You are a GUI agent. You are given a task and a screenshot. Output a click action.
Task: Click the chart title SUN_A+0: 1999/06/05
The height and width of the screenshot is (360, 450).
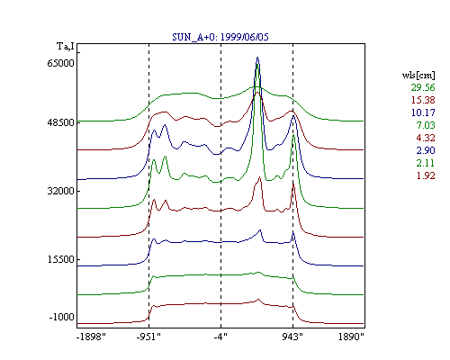[220, 37]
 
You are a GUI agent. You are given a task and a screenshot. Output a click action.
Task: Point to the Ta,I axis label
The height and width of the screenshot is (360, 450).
[66, 47]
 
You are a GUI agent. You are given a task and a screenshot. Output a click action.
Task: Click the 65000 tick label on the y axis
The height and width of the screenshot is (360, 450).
[60, 63]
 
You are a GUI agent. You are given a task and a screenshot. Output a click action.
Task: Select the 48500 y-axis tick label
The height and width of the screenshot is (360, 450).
[60, 122]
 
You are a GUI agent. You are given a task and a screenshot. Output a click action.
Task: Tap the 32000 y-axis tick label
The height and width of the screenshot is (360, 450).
[60, 191]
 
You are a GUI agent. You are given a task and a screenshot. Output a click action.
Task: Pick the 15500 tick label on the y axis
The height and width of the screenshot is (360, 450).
[60, 259]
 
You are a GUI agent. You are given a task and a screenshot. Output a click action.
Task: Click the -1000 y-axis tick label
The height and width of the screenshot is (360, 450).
[61, 317]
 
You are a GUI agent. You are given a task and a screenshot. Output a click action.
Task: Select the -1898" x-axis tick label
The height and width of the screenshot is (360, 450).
[91, 337]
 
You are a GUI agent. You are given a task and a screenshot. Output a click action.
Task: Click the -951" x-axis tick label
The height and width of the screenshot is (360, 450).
[148, 337]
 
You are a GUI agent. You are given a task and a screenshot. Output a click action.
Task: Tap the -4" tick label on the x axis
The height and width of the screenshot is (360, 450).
[220, 337]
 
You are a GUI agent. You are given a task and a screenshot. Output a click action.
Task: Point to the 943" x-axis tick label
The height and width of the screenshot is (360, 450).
[292, 337]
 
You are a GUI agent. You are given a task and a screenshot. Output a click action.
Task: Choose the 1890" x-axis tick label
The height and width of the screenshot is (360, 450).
[351, 337]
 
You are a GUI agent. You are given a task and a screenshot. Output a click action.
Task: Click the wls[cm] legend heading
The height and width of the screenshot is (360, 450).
[418, 76]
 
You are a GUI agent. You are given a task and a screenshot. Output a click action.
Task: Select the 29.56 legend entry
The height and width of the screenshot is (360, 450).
[423, 87]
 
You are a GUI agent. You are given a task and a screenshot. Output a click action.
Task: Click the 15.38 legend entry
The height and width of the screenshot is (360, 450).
[423, 100]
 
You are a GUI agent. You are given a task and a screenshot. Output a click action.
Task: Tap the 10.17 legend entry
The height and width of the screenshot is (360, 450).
[423, 112]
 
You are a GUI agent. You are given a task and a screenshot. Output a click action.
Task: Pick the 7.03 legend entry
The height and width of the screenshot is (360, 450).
[426, 125]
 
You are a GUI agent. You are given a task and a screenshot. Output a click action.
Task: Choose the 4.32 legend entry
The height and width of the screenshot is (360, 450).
[426, 138]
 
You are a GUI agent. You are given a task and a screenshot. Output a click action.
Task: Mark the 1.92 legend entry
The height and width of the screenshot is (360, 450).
[426, 175]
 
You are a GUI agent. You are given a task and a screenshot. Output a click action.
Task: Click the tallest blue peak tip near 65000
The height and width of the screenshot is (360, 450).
[257, 57]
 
